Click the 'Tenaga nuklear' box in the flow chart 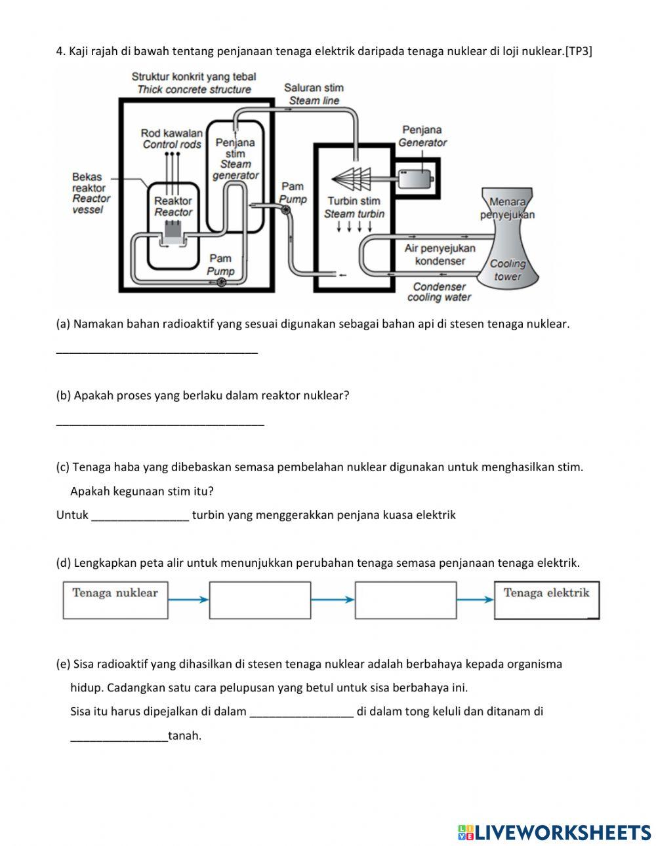click(x=115, y=600)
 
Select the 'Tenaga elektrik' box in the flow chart click(x=546, y=600)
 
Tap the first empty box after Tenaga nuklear click(x=260, y=600)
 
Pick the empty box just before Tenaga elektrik click(x=405, y=600)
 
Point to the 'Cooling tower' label click(x=508, y=270)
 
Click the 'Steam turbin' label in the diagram click(x=354, y=214)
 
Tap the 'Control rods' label click(x=172, y=144)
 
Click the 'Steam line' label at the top click(x=314, y=100)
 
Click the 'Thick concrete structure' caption click(x=194, y=90)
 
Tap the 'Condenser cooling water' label click(x=439, y=292)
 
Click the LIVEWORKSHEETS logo click(x=554, y=832)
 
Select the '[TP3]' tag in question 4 click(x=579, y=52)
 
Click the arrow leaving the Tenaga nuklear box click(x=188, y=600)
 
